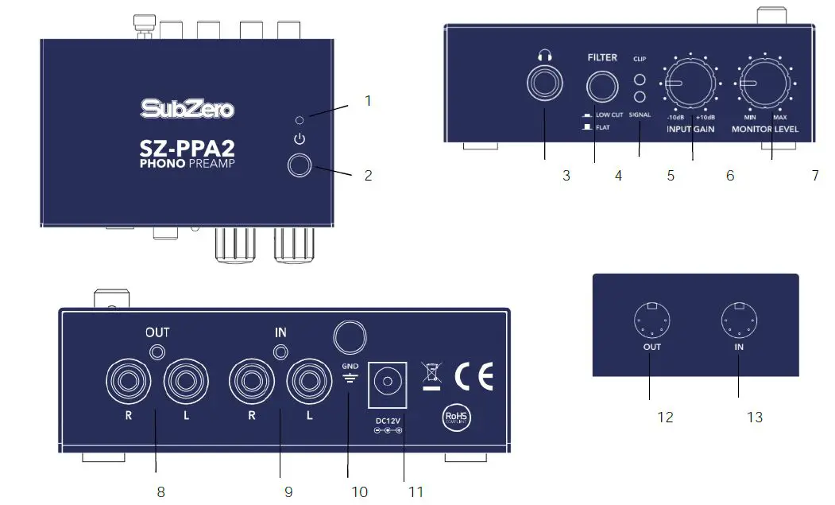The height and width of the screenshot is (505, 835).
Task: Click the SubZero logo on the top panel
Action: coord(187,107)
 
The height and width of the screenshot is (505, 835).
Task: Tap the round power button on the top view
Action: coord(300,165)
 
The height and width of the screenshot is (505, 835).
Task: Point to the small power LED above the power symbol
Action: coord(298,120)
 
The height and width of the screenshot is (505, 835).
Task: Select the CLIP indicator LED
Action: coord(639,80)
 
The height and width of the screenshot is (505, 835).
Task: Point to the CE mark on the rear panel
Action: coord(474,374)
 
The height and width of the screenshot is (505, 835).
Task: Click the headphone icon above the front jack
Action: coord(544,56)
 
